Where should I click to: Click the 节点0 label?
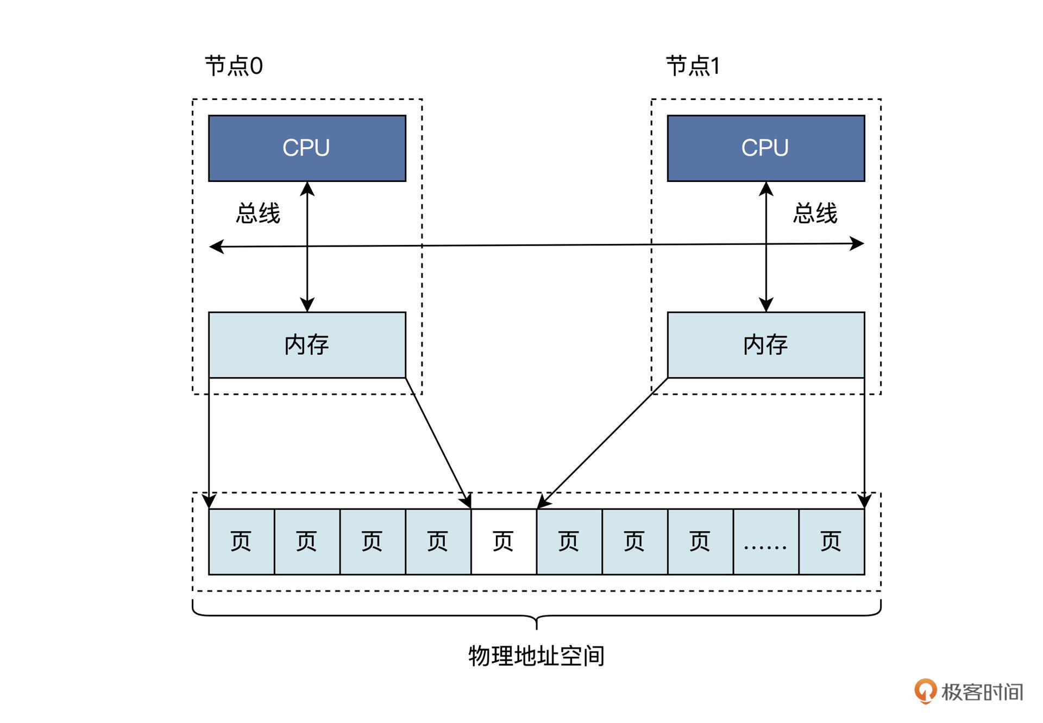pos(234,66)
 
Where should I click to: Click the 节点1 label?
pos(693,66)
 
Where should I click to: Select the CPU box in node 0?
pos(307,148)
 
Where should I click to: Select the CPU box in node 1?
pos(765,148)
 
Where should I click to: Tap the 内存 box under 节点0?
pos(307,344)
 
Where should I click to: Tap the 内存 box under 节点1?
pos(765,344)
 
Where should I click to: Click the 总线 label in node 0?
pos(258,213)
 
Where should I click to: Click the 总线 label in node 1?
pos(815,213)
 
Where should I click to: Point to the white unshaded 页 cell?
pos(504,542)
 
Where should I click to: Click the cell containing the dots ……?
pos(765,542)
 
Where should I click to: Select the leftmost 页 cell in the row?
pos(241,542)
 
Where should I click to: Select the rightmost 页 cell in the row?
pos(831,542)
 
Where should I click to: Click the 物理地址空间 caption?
pos(536,656)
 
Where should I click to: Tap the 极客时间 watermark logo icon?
pos(925,691)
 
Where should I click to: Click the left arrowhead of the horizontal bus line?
pos(216,247)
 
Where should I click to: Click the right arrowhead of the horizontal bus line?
pos(858,243)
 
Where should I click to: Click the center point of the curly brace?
pos(537,623)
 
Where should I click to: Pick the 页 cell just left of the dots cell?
pos(700,542)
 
